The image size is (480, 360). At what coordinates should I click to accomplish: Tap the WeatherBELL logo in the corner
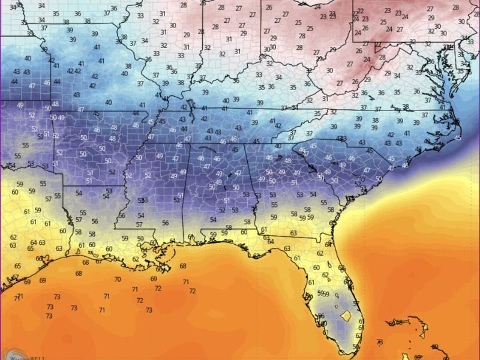18,354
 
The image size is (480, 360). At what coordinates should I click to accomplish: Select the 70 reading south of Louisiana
117,279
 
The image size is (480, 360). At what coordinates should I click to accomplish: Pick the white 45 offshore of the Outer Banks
458,138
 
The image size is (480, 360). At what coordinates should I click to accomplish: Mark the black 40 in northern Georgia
278,146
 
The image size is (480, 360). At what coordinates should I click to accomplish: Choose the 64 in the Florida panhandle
271,241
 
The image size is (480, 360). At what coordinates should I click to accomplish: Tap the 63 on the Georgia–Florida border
293,233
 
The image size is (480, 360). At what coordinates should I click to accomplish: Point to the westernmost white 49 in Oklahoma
21,105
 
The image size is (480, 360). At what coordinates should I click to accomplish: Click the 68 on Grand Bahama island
399,323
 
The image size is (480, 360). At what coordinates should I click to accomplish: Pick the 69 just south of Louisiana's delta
154,278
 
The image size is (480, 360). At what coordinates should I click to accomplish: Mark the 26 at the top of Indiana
268,8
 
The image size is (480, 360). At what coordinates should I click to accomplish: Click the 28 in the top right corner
472,7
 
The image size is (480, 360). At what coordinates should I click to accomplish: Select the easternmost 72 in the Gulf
192,290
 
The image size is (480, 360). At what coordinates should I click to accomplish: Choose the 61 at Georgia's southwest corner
263,230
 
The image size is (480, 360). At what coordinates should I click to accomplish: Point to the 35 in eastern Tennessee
317,113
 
